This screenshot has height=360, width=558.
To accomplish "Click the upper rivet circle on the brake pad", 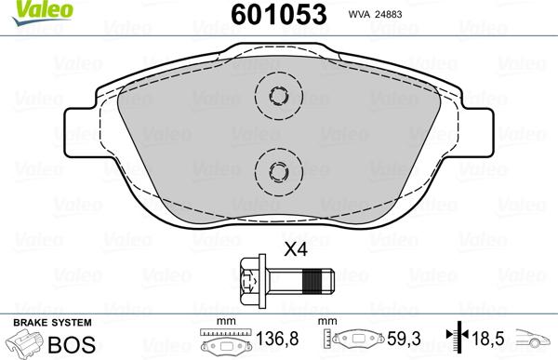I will click(278, 95).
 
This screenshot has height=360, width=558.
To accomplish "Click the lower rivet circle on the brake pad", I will click(278, 168).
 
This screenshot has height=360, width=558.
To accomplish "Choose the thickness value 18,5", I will click(491, 340).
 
